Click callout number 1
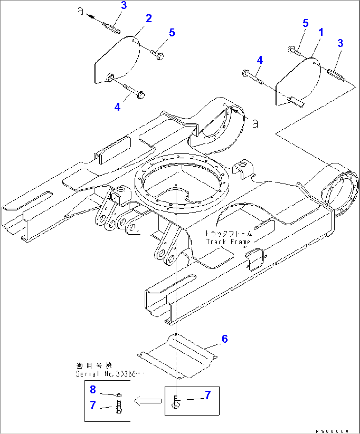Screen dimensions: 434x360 [x=320, y=32]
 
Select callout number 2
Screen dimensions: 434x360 [x=149, y=18]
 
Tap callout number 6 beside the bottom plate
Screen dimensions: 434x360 [x=225, y=339]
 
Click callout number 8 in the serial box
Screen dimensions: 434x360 [x=93, y=390]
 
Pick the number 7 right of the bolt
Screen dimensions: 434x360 [x=208, y=395]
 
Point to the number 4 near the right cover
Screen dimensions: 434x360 [x=260, y=60]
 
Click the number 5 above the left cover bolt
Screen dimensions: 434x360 [x=171, y=33]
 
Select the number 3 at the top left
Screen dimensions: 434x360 [x=124, y=5]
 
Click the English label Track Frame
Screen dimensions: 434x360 [x=228, y=242]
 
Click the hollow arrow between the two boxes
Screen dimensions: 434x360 [x=148, y=401]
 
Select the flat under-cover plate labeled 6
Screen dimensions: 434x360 [x=178, y=356]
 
